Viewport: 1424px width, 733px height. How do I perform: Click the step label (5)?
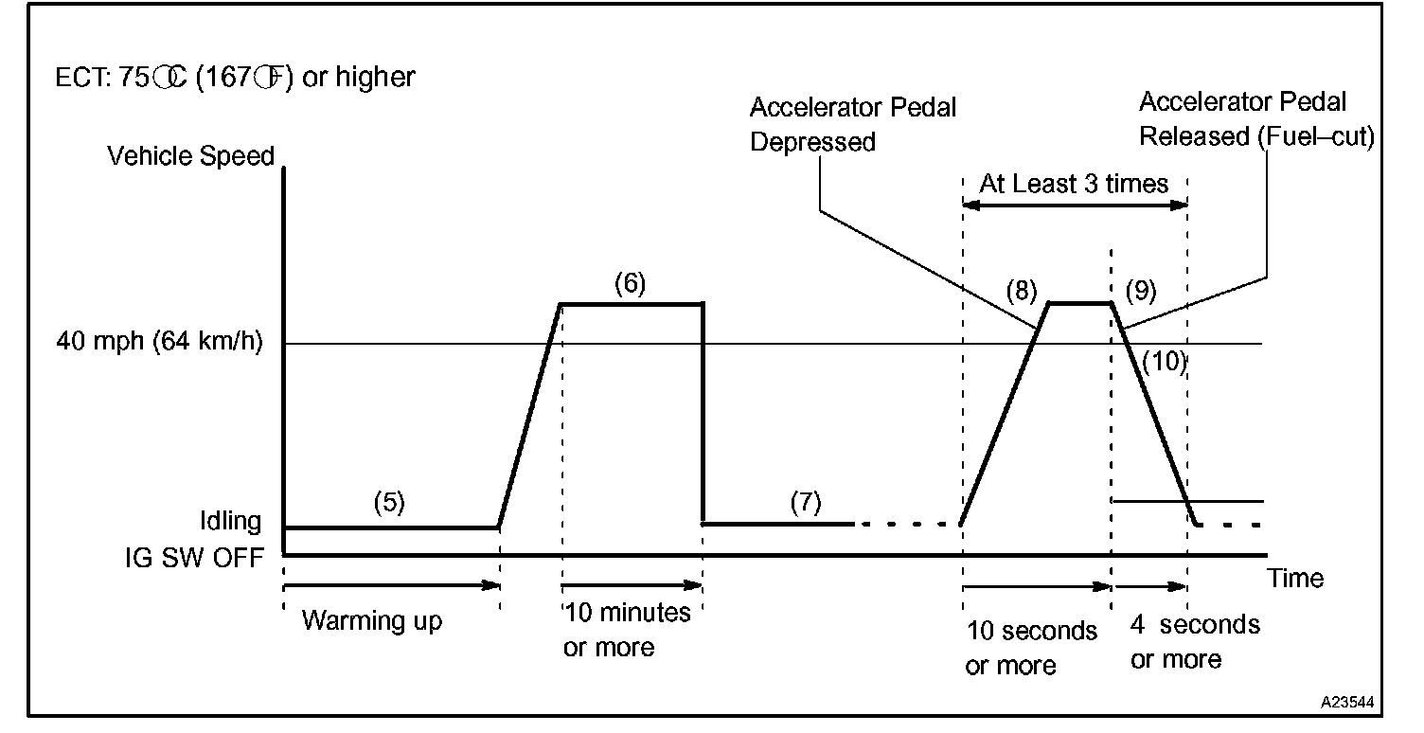[388, 503]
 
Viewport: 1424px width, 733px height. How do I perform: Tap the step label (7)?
[806, 503]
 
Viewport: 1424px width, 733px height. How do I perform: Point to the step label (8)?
[1023, 289]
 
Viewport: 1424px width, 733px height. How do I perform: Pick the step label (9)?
[1141, 289]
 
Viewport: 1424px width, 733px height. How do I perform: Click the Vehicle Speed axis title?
[190, 156]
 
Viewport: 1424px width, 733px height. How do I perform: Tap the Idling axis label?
[230, 522]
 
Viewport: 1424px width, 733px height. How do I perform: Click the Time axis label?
[1296, 578]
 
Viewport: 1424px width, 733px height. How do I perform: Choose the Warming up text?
[372, 621]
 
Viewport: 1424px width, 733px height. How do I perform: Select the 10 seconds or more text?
[1030, 648]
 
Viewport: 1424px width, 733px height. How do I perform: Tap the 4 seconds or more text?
[1195, 641]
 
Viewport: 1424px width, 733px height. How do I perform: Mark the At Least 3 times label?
[1074, 183]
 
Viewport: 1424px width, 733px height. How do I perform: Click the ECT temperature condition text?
[236, 77]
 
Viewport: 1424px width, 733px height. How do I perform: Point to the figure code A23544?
[1349, 705]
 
